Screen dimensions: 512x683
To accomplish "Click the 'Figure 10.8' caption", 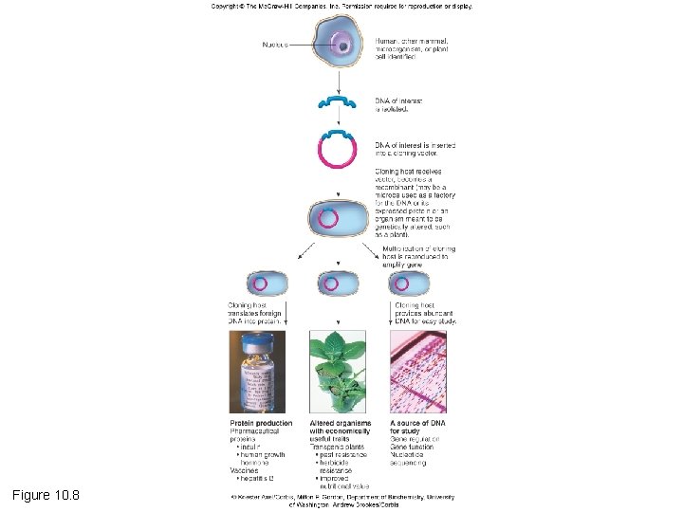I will coord(46,495).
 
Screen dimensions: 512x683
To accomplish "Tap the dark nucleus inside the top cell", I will coord(341,46).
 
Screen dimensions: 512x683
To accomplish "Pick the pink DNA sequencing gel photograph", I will coord(417,371).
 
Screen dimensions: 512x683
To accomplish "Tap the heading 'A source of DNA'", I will coord(417,423).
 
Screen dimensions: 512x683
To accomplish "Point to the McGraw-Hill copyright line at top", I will coord(341,6).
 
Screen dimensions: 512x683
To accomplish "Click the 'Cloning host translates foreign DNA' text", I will coord(255,314).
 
